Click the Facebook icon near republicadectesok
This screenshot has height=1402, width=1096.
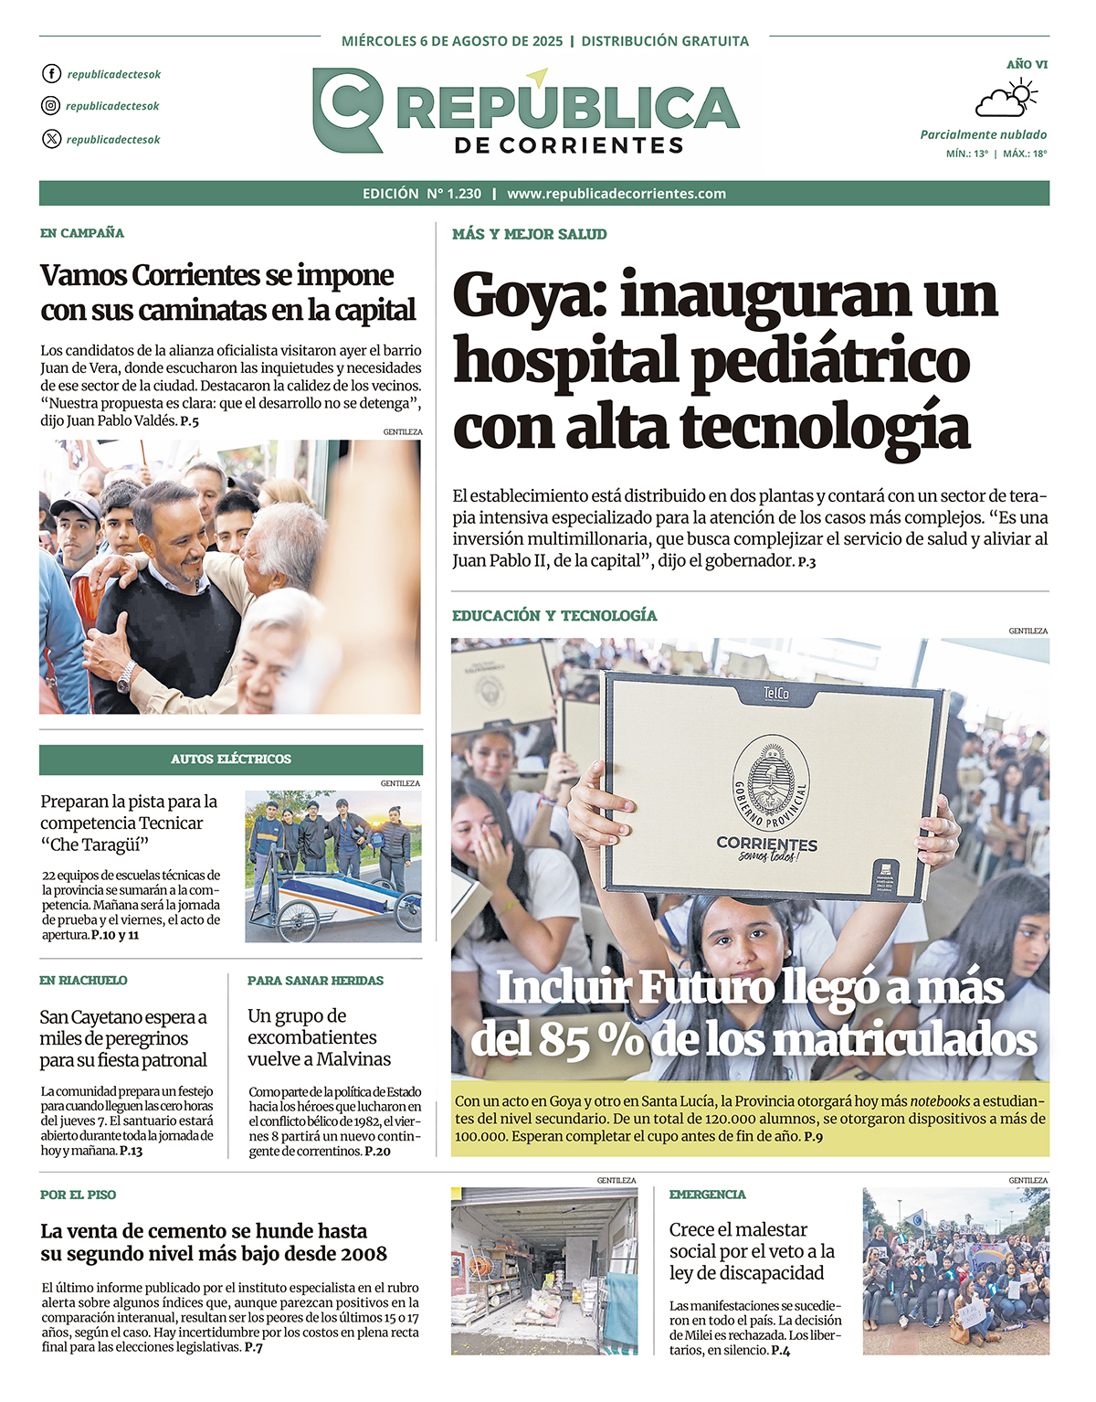point(51,74)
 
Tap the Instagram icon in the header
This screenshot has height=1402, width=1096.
point(51,106)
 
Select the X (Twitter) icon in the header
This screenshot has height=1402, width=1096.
point(51,139)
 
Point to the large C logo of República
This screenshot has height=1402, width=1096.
point(347,110)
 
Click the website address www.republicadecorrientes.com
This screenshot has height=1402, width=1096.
point(616,194)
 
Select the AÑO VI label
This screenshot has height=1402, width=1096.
point(1027,65)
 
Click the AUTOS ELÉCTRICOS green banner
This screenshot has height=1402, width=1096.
point(231,759)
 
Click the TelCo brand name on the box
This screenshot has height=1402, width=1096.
point(775,694)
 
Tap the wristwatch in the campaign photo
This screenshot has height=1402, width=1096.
point(126,677)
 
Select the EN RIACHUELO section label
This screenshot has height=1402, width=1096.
point(83,981)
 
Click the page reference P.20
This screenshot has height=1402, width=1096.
point(377,1152)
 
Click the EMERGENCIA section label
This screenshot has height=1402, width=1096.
point(707,1195)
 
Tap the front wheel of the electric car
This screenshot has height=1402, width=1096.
point(298,922)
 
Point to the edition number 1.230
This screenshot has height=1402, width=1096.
point(464,194)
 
